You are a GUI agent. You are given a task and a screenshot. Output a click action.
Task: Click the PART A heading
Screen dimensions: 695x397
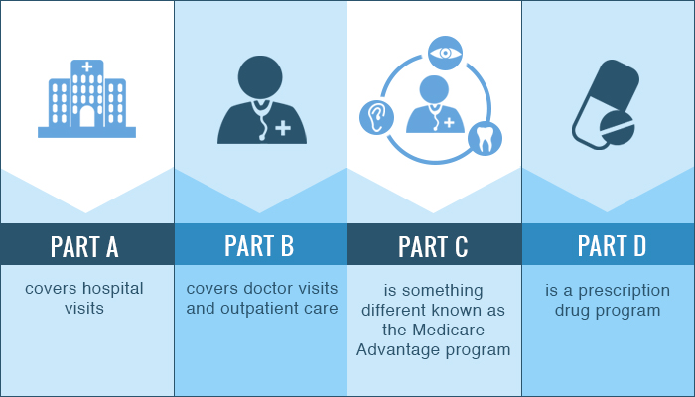click(84, 246)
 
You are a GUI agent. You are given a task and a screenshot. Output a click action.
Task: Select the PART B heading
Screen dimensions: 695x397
click(259, 245)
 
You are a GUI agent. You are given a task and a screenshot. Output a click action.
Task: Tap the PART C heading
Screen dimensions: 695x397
click(433, 246)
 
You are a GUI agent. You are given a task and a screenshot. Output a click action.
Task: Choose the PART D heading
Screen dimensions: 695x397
click(612, 245)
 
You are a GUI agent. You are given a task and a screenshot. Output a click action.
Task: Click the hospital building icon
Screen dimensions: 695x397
click(87, 98)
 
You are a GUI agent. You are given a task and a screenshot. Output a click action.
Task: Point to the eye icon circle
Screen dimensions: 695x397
click(446, 54)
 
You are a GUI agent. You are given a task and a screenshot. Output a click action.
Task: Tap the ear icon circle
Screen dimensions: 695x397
click(376, 117)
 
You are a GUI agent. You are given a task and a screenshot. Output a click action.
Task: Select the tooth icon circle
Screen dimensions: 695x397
click(485, 138)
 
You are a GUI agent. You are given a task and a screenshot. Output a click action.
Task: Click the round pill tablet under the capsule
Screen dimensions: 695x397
click(617, 128)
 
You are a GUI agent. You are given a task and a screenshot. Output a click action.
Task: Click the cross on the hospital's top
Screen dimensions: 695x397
click(87, 66)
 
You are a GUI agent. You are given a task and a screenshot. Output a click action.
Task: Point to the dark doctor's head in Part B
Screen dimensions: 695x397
click(260, 77)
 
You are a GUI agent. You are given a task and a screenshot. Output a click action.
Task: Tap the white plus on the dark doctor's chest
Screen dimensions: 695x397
click(283, 128)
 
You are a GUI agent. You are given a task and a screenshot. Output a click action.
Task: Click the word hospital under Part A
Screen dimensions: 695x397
click(113, 290)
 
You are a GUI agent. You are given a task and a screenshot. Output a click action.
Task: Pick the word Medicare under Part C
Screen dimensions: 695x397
click(448, 330)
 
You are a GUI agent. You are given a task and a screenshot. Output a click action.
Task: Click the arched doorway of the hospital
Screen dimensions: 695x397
click(87, 116)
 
